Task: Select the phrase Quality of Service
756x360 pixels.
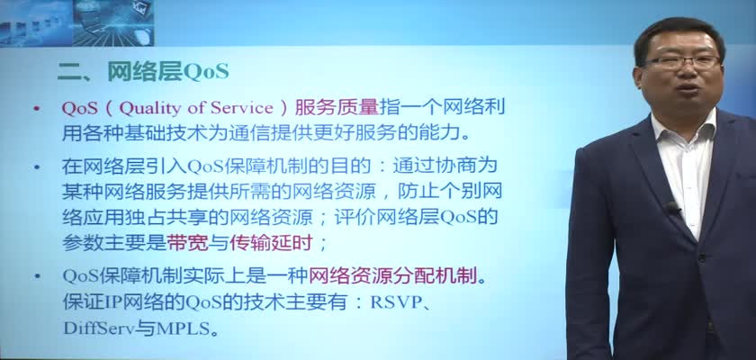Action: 196,109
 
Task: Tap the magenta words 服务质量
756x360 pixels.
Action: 337,108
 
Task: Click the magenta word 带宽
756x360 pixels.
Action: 187,243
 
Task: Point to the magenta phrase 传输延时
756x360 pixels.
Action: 271,243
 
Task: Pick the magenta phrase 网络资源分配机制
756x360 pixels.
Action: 392,276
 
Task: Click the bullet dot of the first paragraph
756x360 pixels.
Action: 37,109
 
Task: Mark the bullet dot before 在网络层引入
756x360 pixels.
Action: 37,167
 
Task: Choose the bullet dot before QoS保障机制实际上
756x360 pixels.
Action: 37,276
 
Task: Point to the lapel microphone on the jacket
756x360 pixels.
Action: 672,208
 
